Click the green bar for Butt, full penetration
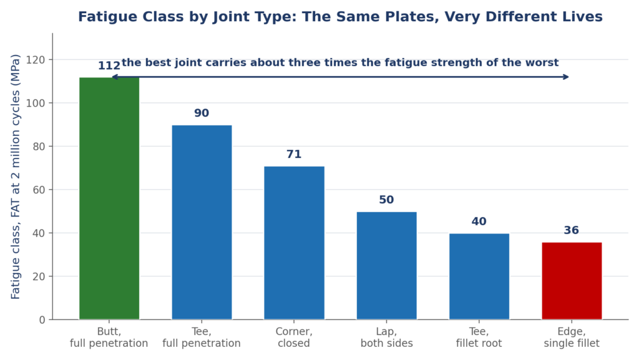[x=109, y=198]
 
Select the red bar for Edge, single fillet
[x=572, y=281]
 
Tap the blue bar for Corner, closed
[x=295, y=243]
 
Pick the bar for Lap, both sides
[x=387, y=266]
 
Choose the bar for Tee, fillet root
[x=479, y=276]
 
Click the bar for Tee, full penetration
[x=202, y=222]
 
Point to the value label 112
[x=109, y=66]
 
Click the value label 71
[x=294, y=154]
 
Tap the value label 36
[x=572, y=230]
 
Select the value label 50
[x=386, y=200]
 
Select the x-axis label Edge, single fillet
[x=572, y=338]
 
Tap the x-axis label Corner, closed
[x=294, y=338]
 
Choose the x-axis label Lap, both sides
[x=386, y=338]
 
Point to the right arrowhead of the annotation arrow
[x=566, y=77]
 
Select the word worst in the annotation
[x=544, y=63]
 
